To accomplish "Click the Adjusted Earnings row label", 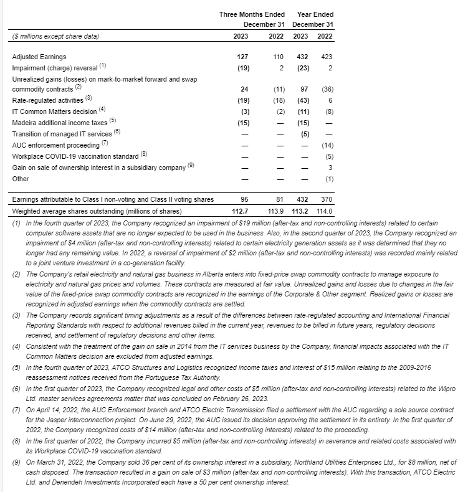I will [39, 57].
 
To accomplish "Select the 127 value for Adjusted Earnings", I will [242, 57].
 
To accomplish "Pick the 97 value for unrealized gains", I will [305, 89].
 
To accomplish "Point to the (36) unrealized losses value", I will [327, 89].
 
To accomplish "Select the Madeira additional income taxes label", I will [60, 123].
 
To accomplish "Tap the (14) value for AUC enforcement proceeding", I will [327, 145].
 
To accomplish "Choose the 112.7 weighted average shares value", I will [240, 211].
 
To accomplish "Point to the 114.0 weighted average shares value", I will [324, 211].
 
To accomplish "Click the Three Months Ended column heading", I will [252, 14].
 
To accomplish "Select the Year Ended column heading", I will [315, 14].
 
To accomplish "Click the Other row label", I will [21, 179].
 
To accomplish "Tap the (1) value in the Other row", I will [329, 179].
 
